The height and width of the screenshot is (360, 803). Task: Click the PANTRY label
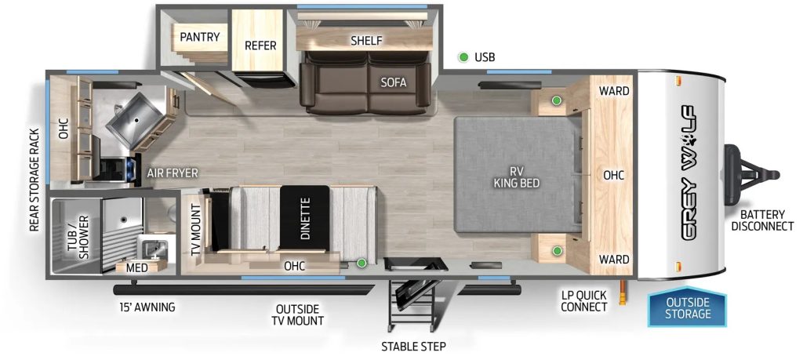199,37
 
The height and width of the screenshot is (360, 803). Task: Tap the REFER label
260,45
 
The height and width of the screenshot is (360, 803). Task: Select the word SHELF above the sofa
366,40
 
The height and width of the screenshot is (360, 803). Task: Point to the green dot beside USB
463,57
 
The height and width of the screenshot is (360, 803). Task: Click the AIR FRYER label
172,173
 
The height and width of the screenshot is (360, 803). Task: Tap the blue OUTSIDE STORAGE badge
688,308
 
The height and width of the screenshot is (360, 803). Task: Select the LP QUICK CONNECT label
583,300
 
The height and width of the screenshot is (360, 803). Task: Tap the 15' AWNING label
147,307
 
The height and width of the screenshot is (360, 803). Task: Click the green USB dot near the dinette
362,264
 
